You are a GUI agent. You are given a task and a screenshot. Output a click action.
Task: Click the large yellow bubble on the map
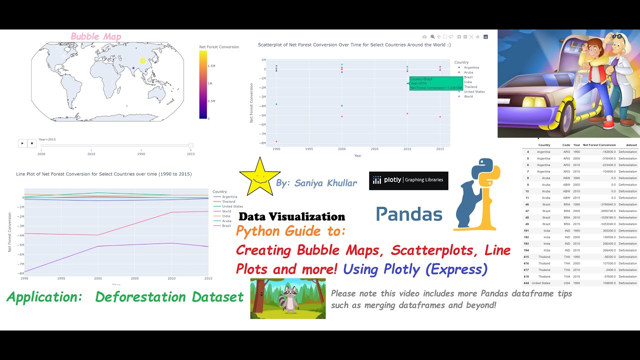pyautogui.click(x=142, y=61)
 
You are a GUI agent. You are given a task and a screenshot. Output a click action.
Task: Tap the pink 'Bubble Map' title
pyautogui.click(x=96, y=36)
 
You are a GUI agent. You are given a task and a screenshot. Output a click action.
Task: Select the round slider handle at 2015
pyautogui.click(x=190, y=145)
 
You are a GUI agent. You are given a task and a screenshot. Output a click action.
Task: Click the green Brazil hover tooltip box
pyautogui.click(x=435, y=83)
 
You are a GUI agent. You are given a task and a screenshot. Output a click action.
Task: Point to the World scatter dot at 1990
pyautogui.click(x=276, y=141)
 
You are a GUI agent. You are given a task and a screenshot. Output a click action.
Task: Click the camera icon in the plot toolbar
pyautogui.click(x=424, y=36)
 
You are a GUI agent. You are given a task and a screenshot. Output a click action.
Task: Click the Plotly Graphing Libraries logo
pyautogui.click(x=408, y=180)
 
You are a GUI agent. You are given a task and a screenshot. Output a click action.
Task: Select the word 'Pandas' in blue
pyautogui.click(x=409, y=214)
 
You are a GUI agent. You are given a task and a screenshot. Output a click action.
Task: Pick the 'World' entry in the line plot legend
pyautogui.click(x=226, y=211)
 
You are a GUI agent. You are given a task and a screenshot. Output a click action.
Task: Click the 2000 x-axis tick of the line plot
pyautogui.click(x=97, y=278)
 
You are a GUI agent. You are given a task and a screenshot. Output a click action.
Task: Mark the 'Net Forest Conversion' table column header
pyautogui.click(x=599, y=145)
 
